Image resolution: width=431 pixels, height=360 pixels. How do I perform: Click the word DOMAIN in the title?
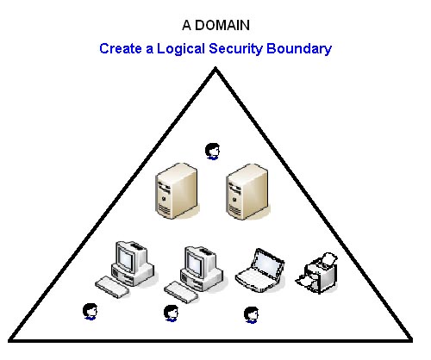[x=222, y=25]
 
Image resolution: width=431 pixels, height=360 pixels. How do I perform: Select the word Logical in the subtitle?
[x=181, y=49]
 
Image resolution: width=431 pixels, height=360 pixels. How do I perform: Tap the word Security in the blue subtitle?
[x=235, y=49]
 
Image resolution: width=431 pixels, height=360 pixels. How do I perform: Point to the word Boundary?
[x=299, y=49]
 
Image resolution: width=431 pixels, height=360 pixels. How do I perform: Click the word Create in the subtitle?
[x=121, y=48]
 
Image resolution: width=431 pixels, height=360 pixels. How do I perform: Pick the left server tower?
[x=177, y=191]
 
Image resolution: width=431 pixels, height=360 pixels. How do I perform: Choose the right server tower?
[x=247, y=192]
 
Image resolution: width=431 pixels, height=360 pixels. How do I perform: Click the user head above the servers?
[x=213, y=152]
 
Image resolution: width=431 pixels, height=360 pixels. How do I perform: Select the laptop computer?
[x=260, y=270]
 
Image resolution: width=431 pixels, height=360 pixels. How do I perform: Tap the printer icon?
[x=317, y=273]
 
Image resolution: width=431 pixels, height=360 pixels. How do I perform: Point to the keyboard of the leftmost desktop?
[x=112, y=287]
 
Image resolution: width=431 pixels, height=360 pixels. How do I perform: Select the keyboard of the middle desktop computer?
[x=181, y=292]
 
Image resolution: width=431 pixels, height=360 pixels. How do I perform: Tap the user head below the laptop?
[x=252, y=315]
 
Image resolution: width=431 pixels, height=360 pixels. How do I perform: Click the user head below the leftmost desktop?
[x=91, y=312]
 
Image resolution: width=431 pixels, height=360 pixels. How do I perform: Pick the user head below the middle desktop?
[x=171, y=313]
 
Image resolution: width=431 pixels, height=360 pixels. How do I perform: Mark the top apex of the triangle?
[x=215, y=68]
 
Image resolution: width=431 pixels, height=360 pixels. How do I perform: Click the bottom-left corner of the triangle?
[x=9, y=341]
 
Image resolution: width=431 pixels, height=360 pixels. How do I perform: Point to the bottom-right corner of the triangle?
[x=412, y=341]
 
